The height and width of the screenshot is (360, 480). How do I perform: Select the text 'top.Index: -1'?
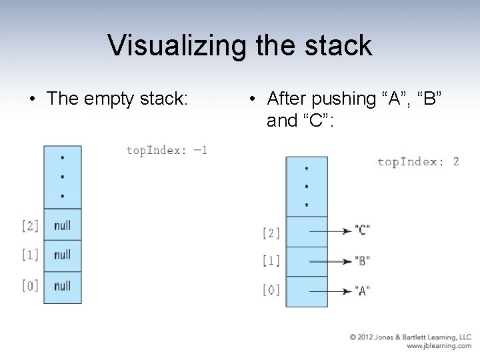click(x=167, y=150)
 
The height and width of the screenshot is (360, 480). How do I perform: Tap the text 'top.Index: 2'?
click(x=418, y=161)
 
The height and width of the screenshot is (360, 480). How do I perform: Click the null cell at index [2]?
click(x=62, y=225)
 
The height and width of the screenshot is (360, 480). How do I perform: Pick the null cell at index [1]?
click(x=62, y=255)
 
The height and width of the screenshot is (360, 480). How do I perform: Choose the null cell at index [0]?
click(x=62, y=285)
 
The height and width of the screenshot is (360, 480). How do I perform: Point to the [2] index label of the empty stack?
click(x=30, y=226)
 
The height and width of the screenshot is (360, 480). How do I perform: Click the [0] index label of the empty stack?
click(x=30, y=286)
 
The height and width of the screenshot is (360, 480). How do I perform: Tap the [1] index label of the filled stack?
click(x=271, y=261)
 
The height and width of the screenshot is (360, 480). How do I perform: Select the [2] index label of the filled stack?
click(x=271, y=233)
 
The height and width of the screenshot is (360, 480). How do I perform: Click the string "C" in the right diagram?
click(x=363, y=231)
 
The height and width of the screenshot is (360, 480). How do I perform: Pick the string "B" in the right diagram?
click(x=363, y=260)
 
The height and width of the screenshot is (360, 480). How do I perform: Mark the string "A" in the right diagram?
click(x=363, y=291)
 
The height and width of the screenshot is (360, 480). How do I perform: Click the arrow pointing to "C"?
click(x=330, y=231)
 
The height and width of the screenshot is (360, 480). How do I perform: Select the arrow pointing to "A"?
click(x=330, y=291)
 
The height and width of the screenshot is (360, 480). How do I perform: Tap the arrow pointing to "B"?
click(x=330, y=260)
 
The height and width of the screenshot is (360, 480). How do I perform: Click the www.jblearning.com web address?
click(x=439, y=347)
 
